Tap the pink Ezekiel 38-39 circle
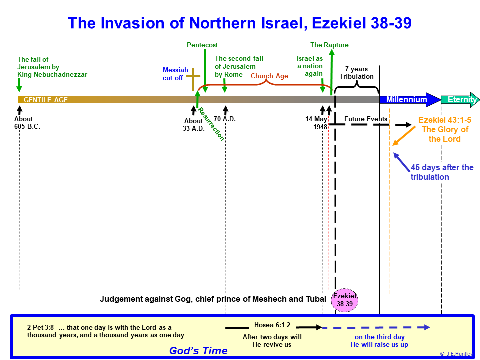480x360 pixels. point(344,300)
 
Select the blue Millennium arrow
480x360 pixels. point(410,100)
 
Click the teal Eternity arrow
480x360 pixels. point(460,100)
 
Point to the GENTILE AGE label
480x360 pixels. point(46,100)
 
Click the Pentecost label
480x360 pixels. point(202,45)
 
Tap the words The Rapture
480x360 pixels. point(329,45)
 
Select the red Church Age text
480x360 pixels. point(269,76)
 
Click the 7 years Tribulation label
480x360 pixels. point(356,73)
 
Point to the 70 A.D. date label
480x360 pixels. point(224,119)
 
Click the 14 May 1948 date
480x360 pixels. point(316,123)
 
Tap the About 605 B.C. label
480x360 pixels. point(27,123)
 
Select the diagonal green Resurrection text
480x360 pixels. point(211,124)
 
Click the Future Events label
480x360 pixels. point(366,119)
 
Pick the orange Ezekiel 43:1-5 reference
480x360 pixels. point(445,120)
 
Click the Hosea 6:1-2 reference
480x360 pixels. point(272,325)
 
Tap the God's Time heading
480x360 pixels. point(198,351)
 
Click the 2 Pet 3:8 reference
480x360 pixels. point(40,327)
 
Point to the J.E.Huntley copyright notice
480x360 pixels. point(457,354)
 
